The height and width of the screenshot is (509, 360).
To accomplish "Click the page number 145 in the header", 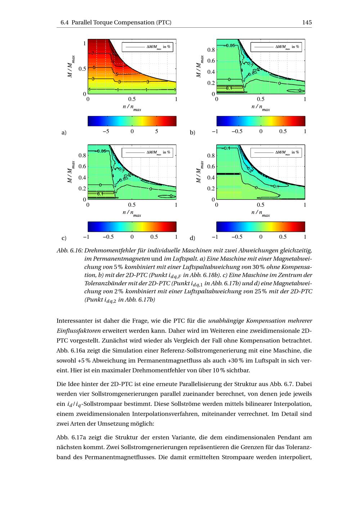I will [x=307, y=22].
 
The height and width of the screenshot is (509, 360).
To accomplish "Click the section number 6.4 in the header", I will [x=64, y=22].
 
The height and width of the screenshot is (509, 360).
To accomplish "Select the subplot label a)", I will [x=64, y=132].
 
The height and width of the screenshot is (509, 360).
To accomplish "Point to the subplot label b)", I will [x=193, y=132].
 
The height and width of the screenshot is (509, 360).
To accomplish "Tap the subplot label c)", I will [x=64, y=238].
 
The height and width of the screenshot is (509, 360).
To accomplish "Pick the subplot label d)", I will [x=193, y=238].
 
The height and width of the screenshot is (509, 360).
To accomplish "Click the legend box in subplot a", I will [x=148, y=47].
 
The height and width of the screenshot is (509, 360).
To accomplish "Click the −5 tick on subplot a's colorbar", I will [x=106, y=131].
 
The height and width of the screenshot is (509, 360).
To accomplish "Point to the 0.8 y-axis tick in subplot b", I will [x=211, y=50].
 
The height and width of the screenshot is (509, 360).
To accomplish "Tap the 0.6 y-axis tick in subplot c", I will [x=82, y=166].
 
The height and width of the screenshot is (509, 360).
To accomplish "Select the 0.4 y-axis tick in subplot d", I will [x=211, y=177].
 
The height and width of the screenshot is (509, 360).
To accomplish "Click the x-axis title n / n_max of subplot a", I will [x=132, y=107].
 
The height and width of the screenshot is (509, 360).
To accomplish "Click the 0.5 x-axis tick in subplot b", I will [x=261, y=99].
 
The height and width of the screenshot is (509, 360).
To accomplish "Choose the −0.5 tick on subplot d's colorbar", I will [x=237, y=237].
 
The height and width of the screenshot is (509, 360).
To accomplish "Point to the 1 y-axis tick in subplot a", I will [x=85, y=43].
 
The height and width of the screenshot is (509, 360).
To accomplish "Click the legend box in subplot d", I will [x=276, y=153].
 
